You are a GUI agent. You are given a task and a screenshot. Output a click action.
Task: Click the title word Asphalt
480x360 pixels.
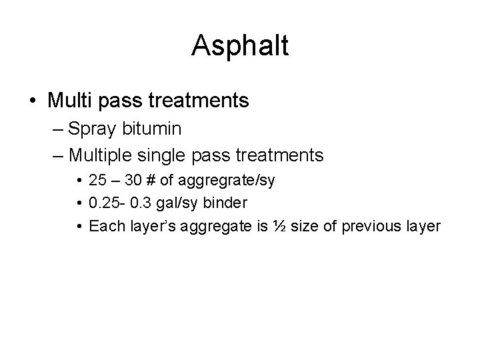click(239, 45)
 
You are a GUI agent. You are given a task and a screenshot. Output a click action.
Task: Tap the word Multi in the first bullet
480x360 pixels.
click(71, 101)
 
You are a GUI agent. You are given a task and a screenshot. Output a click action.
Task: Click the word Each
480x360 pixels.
click(103, 227)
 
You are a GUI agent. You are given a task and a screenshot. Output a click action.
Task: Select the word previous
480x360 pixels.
click(367, 227)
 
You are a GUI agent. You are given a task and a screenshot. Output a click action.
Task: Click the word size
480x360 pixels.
click(307, 227)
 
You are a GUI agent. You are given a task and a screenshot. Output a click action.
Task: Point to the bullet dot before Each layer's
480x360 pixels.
click(79, 227)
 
